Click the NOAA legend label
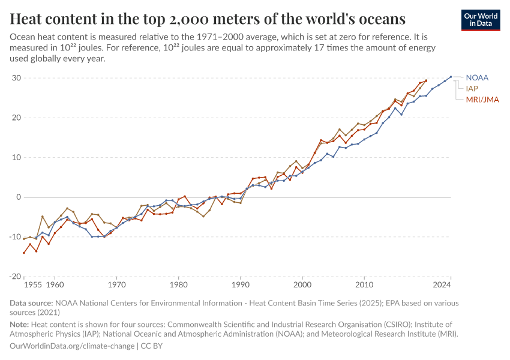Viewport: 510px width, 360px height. click(477, 78)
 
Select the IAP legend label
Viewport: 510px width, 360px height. click(472, 88)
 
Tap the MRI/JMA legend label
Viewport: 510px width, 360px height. click(482, 99)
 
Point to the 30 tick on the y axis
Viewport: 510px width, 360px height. click(16, 78)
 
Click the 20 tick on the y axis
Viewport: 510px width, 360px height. click(16, 118)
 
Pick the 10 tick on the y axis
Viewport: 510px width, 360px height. click(16, 157)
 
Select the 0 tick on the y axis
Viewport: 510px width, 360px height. click(19, 197)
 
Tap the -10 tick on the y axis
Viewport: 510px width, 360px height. click(15, 236)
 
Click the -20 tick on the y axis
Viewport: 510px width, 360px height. click(15, 276)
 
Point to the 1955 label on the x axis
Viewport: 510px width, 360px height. click(32, 284)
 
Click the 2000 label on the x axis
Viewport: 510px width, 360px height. click(302, 284)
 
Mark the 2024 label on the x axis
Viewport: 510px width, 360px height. click(442, 284)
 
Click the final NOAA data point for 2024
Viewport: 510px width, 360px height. click(451, 77)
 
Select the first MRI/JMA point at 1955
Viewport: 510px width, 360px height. click(24, 253)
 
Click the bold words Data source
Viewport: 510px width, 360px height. click(31, 304)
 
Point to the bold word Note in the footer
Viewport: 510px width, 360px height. click(21, 324)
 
